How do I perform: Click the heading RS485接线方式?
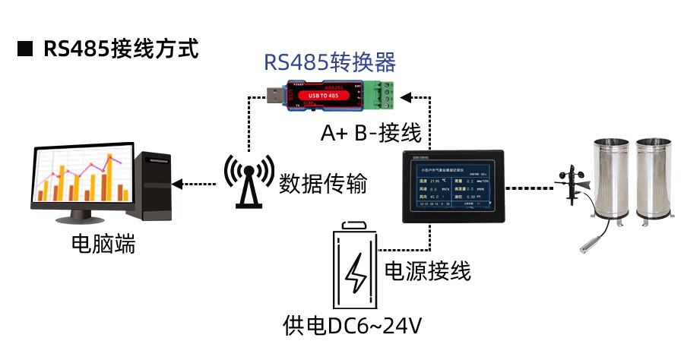pos(121,49)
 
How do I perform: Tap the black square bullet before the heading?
pos(25,50)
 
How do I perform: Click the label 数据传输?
pos(323,184)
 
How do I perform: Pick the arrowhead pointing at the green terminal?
pos(407,96)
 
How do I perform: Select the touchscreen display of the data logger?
pos(453,187)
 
